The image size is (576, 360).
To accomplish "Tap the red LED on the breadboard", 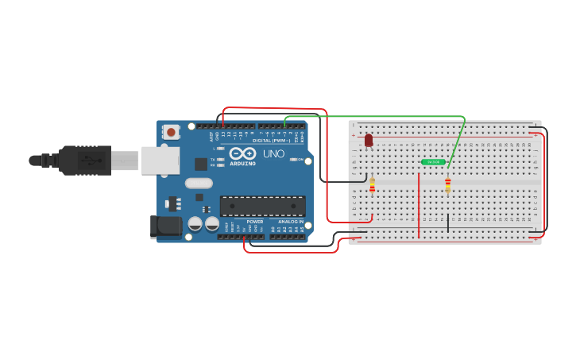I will tap(369, 141).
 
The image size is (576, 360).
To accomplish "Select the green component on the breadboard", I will tap(433, 162).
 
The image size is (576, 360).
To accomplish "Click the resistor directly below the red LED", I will tap(372, 185).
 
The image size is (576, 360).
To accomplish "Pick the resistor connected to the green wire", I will tap(448, 184).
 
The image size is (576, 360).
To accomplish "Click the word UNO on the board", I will tap(273, 153).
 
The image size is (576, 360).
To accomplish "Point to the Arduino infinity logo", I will tap(242, 153).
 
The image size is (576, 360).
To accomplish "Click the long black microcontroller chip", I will tap(262, 206).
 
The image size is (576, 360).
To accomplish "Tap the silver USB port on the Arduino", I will tap(160, 160).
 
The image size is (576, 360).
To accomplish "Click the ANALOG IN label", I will tap(291, 222).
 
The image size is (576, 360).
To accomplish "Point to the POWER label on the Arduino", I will tap(254, 222).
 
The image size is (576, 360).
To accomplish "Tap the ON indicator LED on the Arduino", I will tap(294, 160).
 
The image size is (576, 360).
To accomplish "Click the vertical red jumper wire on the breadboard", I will tap(419, 205).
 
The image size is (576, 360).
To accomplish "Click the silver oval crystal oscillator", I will tap(199, 183).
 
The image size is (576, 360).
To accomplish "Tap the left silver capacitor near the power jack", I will tap(195, 224).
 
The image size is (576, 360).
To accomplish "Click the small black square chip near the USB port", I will tap(201, 164).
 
